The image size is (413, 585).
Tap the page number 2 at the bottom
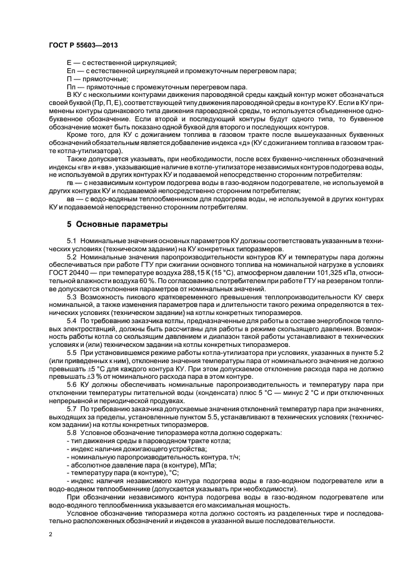51,534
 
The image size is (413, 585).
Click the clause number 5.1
73,241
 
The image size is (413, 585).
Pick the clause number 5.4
73,319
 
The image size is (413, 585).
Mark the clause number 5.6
73,386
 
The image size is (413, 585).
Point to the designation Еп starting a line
70,71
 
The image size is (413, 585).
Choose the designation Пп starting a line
70,86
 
